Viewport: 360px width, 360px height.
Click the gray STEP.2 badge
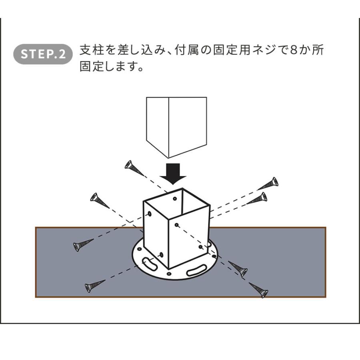tap(43, 54)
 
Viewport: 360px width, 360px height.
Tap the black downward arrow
tap(173, 174)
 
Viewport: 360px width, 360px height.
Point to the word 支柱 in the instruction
tap(92, 50)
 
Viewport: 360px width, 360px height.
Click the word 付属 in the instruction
tap(187, 50)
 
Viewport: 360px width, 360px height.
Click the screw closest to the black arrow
tap(134, 168)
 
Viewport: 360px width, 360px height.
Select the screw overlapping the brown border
tap(259, 290)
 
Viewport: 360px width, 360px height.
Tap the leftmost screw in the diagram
tap(83, 245)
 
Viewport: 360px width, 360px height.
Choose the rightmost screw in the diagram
tap(268, 183)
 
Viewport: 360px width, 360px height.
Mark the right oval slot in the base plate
tap(196, 270)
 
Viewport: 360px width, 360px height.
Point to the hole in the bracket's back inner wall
tap(175, 198)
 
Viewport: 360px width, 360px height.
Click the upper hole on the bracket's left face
tap(150, 214)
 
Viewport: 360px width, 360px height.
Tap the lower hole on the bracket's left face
tap(161, 254)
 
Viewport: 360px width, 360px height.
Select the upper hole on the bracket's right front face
tap(176, 225)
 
